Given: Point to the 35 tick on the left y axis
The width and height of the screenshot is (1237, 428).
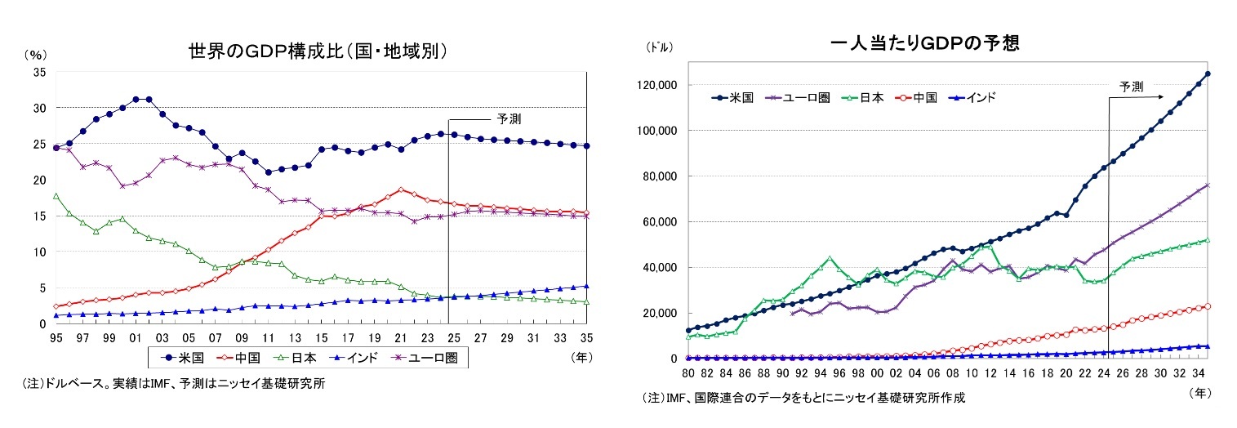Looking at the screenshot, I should pos(39,72).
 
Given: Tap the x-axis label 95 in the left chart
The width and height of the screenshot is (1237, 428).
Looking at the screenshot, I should pos(56,337).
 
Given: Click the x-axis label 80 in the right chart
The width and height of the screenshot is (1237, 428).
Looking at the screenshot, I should pos(688,373).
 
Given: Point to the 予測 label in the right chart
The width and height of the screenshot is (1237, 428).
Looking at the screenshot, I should pos(1131,86).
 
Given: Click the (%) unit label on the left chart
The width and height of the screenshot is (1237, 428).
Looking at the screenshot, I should pos(35,55).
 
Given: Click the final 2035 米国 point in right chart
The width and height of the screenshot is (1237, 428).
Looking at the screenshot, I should pos(1208,74).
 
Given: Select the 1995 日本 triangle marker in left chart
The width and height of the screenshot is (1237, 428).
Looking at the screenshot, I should pos(56,196).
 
